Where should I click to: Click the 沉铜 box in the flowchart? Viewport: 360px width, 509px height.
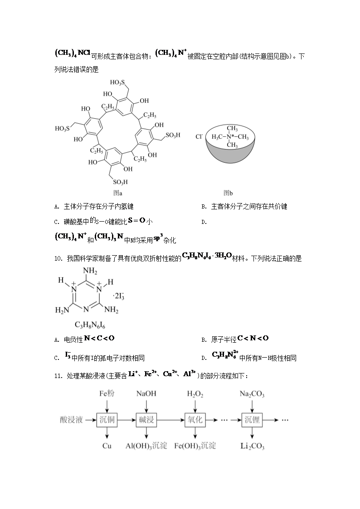[x=107, y=420]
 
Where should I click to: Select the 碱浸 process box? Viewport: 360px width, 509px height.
[x=146, y=420]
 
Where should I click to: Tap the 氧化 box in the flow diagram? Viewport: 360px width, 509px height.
[x=195, y=420]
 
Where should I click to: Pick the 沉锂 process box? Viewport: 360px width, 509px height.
[x=252, y=420]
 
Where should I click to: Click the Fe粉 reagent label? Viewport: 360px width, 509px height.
[x=107, y=393]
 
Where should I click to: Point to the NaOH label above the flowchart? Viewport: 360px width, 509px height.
[x=146, y=393]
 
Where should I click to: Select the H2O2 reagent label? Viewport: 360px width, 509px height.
[x=195, y=394]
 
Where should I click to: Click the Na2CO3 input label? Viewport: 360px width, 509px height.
[x=252, y=394]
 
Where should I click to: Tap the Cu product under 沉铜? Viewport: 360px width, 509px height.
[x=107, y=446]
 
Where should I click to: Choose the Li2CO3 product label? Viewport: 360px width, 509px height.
[x=252, y=446]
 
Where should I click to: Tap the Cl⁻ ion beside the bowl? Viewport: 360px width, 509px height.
[x=199, y=136]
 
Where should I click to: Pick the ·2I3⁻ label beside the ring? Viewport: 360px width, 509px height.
[x=119, y=296]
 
